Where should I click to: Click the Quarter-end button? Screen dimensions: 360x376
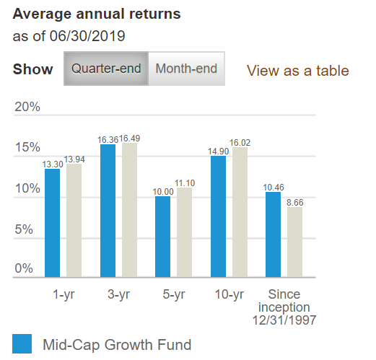pos(106,69)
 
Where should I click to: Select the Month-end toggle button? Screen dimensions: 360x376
pos(187,69)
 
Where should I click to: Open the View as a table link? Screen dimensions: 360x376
pos(297,71)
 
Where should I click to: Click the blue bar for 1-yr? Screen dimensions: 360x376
pos(53,223)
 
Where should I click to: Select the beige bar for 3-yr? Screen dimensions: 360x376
pos(129,210)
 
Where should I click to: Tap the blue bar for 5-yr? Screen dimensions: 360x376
pos(163,237)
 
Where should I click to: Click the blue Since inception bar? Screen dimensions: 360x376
pos(274,234)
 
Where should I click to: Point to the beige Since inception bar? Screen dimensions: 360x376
pos(294,242)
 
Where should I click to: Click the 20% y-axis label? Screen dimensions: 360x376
pos(27,107)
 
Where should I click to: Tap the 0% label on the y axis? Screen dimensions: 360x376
pos(25,268)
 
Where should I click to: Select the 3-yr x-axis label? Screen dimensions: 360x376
pos(118,294)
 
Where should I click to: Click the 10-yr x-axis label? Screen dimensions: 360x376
pos(229,294)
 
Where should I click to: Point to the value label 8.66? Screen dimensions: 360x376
pos(295,203)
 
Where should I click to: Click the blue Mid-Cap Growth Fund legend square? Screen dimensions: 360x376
pos(22,344)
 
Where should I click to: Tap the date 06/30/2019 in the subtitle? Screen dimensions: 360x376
pos(84,35)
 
